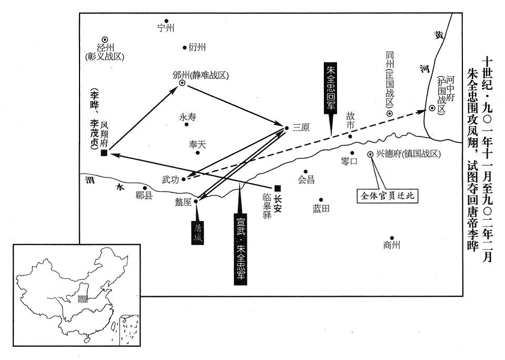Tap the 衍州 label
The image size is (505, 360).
(x=197, y=47)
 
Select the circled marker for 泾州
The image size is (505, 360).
(x=105, y=39)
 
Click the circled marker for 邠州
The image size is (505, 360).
(x=182, y=83)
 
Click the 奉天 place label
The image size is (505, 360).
(x=199, y=144)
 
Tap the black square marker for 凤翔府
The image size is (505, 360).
(x=104, y=153)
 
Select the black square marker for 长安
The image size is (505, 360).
(x=278, y=188)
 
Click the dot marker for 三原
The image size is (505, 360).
(x=286, y=128)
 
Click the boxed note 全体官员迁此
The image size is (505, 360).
(x=388, y=196)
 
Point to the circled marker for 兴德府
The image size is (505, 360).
(x=370, y=154)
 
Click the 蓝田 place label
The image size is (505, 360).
(x=321, y=209)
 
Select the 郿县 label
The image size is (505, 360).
(x=143, y=196)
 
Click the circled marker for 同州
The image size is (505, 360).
(x=389, y=114)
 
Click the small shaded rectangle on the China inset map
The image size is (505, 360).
(x=82, y=298)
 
